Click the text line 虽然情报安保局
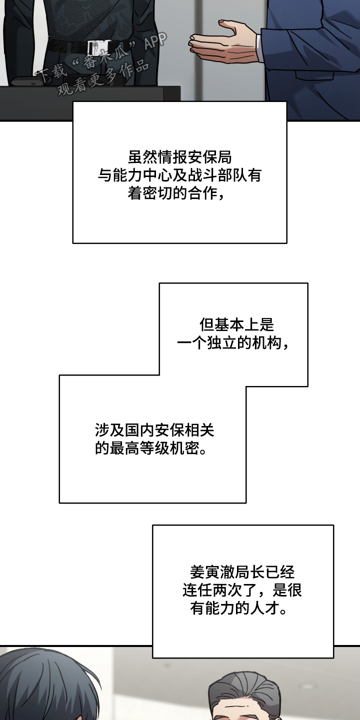click(179, 157)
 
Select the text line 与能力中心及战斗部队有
click(179, 175)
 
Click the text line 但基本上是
click(237, 324)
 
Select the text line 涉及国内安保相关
click(154, 429)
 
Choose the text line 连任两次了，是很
click(242, 590)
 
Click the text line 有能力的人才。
click(238, 609)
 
